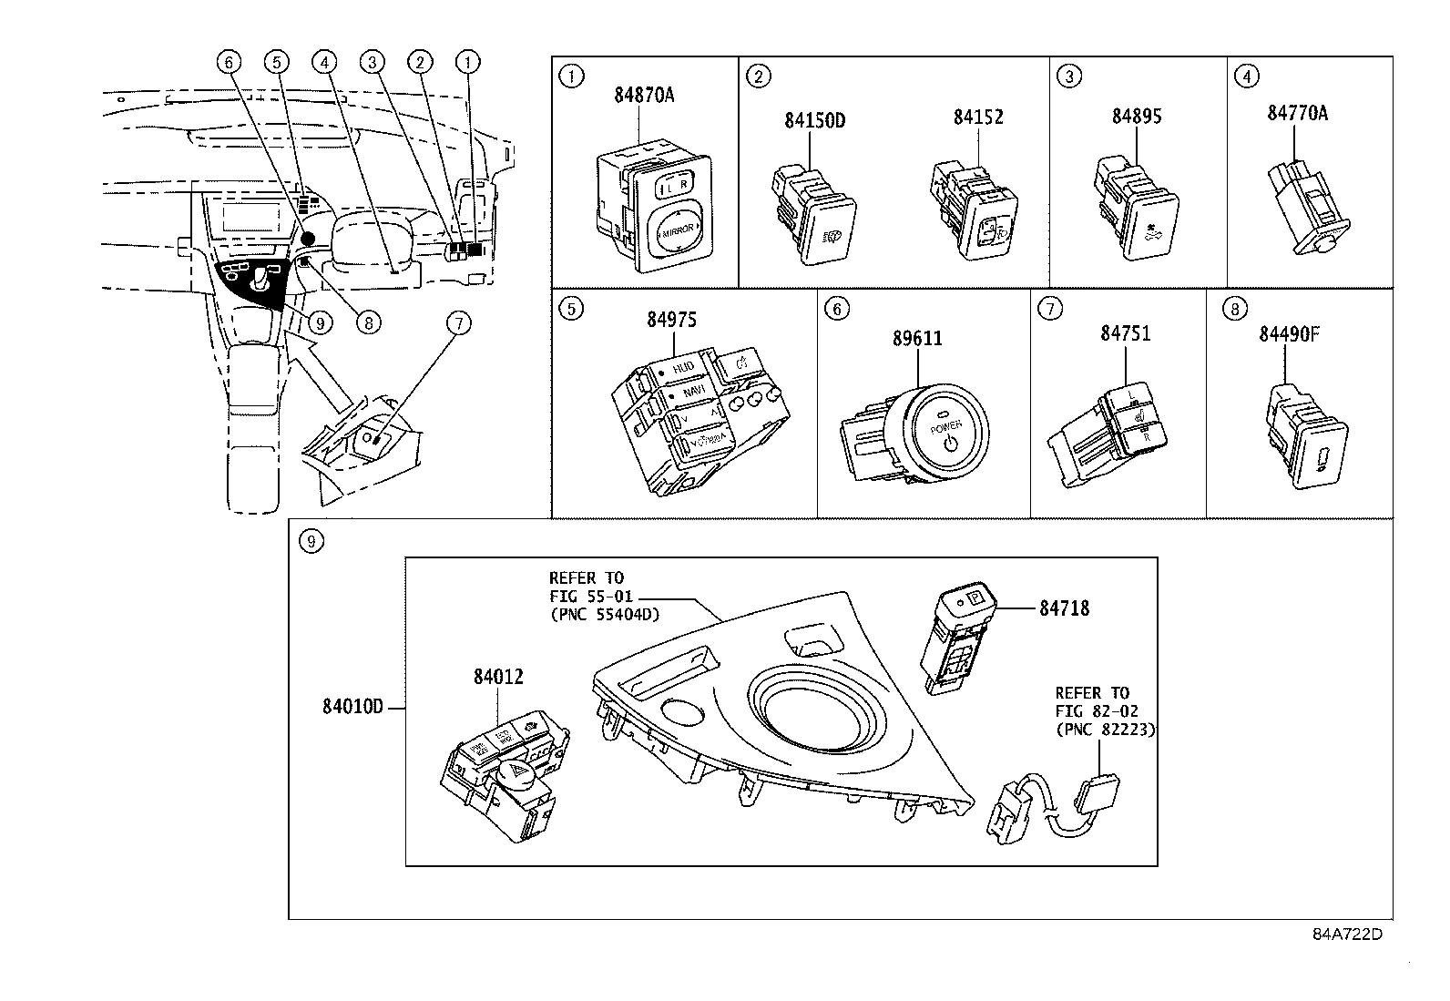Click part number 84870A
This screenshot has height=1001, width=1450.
coord(643,95)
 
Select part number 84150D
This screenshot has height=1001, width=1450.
coord(815,119)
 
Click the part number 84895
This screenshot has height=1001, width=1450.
coord(1137,117)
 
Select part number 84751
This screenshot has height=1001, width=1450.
coord(1125,333)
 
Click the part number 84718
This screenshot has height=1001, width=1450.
coord(1064,608)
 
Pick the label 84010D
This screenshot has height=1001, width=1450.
coord(353,708)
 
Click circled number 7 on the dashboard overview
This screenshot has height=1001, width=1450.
coord(460,322)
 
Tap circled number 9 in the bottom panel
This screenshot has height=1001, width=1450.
coord(311,542)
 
